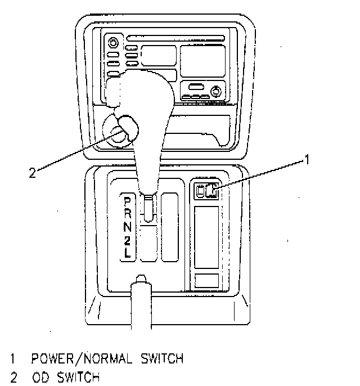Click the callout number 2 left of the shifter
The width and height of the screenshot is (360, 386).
click(x=33, y=173)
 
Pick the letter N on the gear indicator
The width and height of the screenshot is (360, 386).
click(x=127, y=227)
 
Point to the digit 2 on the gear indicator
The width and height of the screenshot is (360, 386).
click(x=127, y=240)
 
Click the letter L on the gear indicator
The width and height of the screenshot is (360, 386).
click(x=127, y=253)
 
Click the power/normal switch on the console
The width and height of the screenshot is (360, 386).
click(x=212, y=191)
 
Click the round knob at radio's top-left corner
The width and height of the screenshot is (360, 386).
click(x=114, y=42)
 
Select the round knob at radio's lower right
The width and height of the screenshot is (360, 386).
click(x=215, y=90)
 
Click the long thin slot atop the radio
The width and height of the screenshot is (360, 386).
click(x=175, y=39)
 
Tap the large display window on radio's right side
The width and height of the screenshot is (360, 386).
click(x=202, y=60)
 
